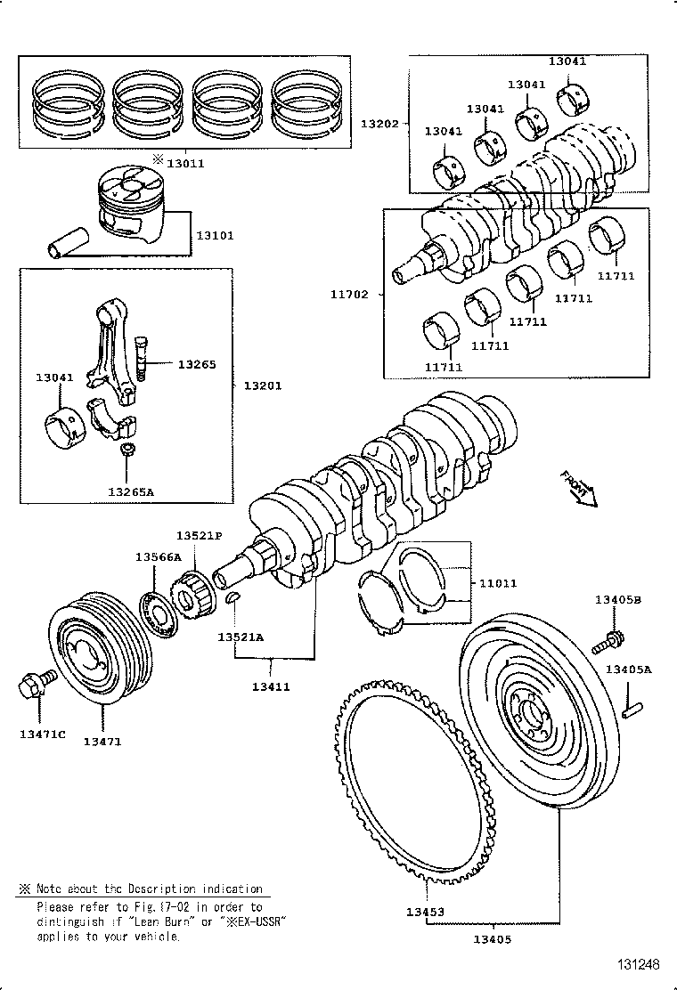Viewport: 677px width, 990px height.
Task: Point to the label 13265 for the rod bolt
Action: (196, 364)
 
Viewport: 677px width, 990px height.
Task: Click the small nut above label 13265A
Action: (128, 450)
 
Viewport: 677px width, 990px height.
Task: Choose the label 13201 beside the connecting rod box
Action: (263, 385)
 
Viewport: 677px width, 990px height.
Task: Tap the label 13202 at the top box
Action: (379, 123)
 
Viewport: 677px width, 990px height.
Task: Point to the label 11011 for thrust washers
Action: (499, 584)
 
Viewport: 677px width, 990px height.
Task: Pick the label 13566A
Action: (158, 556)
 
